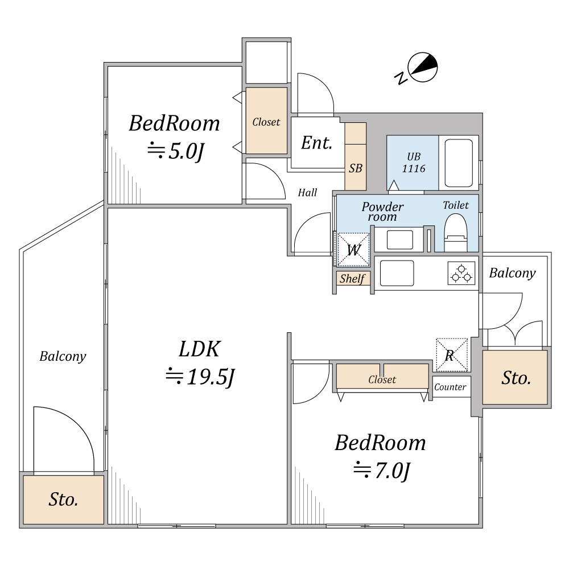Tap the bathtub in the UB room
(459, 163)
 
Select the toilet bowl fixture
(456, 232)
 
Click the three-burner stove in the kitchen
(461, 273)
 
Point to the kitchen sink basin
(397, 273)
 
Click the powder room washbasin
(399, 240)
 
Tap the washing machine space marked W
(353, 249)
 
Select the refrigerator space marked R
(451, 355)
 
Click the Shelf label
(352, 279)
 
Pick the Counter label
(450, 387)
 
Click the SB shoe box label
(356, 168)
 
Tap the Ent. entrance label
(317, 143)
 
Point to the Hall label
(307, 192)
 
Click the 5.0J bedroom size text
(176, 151)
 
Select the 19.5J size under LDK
(200, 376)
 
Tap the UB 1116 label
(414, 163)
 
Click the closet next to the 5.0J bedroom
(266, 121)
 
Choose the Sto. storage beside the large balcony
(64, 500)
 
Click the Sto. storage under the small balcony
(515, 377)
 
